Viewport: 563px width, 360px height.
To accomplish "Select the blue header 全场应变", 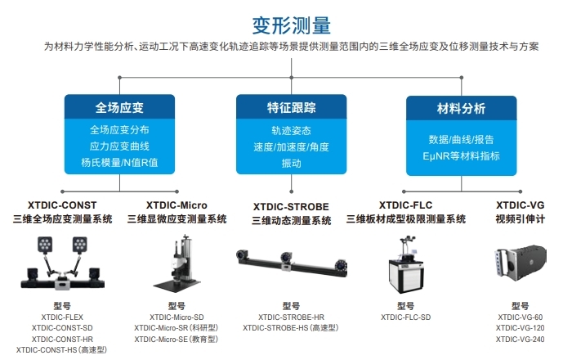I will [x=119, y=107].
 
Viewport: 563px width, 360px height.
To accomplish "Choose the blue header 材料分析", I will [x=461, y=107].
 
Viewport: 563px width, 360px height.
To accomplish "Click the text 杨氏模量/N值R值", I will [x=119, y=162].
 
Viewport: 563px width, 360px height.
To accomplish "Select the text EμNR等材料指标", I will [x=461, y=155].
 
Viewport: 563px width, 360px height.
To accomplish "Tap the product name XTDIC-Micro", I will [x=176, y=205].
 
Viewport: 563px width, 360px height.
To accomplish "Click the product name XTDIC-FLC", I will [x=406, y=205].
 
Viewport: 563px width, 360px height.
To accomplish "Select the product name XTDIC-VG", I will [x=520, y=205].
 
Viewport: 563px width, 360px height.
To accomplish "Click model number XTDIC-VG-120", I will [x=520, y=328].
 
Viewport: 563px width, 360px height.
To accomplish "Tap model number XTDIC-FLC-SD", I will [x=406, y=317].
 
